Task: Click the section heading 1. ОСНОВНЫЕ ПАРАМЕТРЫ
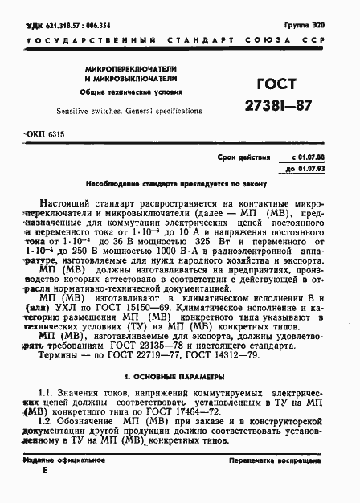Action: tap(180, 376)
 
